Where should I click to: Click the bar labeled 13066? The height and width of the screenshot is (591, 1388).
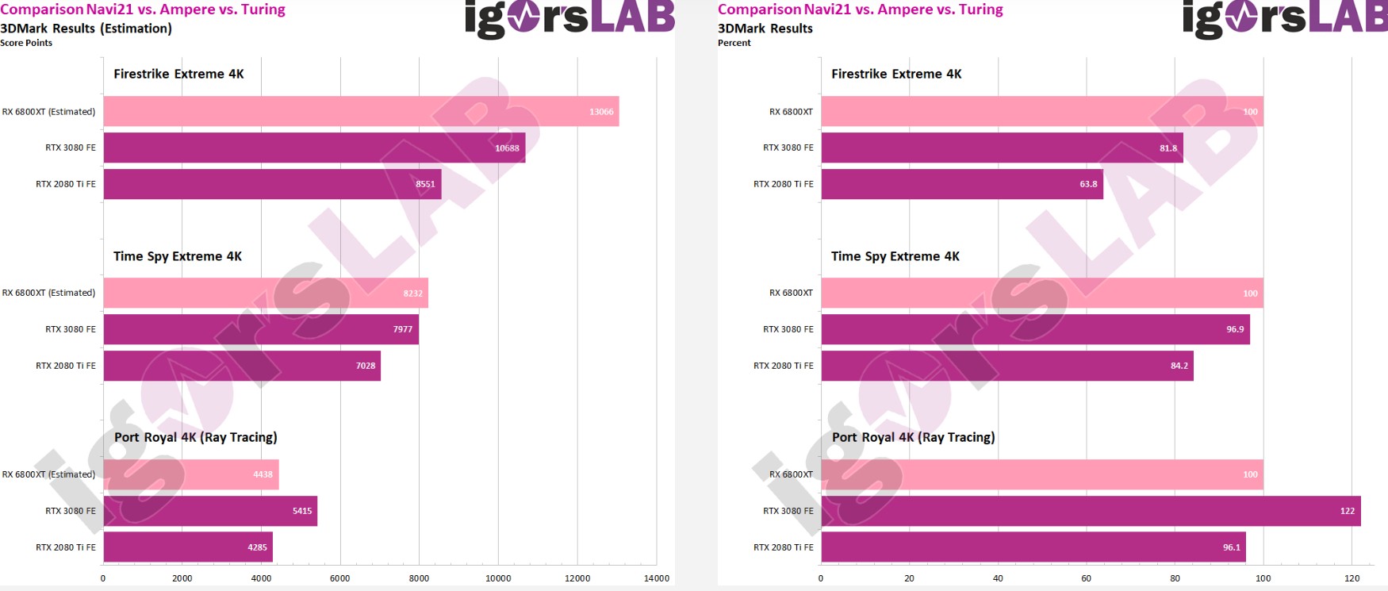(361, 112)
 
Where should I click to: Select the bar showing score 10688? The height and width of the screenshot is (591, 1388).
(314, 148)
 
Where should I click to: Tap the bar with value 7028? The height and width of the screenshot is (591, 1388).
(242, 366)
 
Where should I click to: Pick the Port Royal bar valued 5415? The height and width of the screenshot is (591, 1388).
(210, 511)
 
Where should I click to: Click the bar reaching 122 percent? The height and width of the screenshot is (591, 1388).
(1091, 511)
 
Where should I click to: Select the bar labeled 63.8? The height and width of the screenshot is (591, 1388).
(961, 184)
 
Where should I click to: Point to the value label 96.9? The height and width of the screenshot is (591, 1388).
(1235, 329)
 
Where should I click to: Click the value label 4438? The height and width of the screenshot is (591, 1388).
(263, 474)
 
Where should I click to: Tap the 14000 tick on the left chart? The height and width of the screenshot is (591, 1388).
(656, 578)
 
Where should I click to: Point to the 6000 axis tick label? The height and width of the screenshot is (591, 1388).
(339, 578)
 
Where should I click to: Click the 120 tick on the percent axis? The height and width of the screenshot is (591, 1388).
(1352, 578)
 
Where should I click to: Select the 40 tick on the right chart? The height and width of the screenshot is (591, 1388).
(998, 578)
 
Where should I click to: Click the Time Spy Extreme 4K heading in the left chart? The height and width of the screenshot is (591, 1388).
(178, 256)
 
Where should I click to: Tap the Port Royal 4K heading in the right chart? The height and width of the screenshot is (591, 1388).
(913, 437)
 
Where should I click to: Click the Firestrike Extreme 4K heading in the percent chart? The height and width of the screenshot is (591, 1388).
(896, 74)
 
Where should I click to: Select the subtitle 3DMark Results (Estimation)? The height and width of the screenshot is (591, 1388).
(86, 29)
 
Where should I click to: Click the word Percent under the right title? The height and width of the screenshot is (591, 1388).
(734, 43)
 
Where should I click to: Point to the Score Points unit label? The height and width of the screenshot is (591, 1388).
(26, 43)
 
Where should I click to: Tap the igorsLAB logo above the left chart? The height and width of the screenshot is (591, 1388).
(569, 19)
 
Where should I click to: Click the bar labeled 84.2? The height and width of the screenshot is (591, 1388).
(1006, 366)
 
